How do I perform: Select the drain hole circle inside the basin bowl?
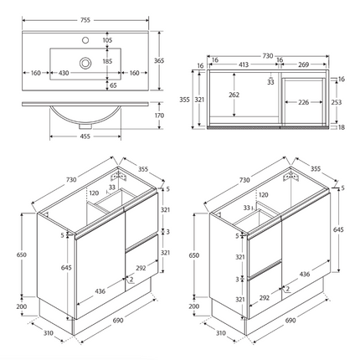click(86, 62)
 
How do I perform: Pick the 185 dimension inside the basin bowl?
click(107, 62)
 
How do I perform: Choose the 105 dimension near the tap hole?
click(107, 40)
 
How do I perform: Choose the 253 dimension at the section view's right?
click(335, 101)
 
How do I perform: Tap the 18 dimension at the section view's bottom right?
click(342, 128)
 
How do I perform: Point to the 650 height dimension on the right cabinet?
click(194, 254)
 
